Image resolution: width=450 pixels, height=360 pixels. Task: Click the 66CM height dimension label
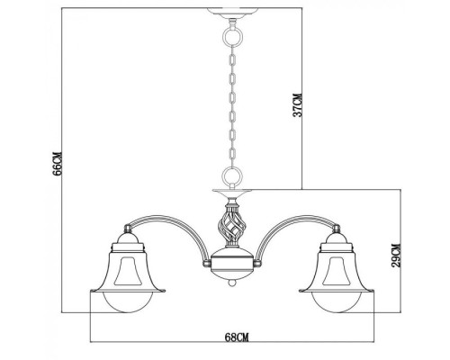(x=57, y=165)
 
